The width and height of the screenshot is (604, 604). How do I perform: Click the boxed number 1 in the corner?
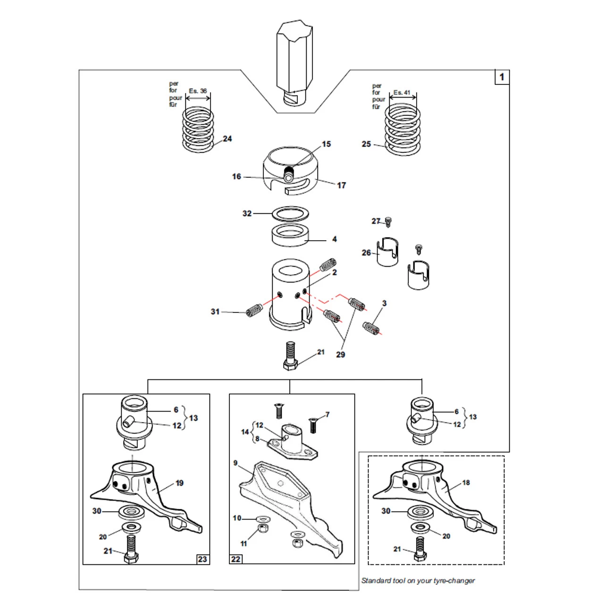[502, 77]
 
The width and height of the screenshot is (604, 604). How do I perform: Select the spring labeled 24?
[198, 130]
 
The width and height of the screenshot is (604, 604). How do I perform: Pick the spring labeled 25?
[403, 130]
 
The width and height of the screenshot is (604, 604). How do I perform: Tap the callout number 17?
[341, 185]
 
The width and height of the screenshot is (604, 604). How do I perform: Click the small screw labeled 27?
[388, 221]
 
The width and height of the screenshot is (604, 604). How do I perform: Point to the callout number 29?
[340, 354]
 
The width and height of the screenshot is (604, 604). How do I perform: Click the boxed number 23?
[202, 559]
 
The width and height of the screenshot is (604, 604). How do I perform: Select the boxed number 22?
[235, 559]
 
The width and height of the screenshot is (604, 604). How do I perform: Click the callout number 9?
[235, 463]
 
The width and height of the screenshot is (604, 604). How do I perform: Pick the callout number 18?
[466, 483]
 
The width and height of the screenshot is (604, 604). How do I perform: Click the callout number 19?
[179, 483]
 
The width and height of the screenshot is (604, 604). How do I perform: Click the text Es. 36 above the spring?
[198, 91]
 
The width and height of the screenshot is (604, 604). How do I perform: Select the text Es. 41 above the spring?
[402, 93]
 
